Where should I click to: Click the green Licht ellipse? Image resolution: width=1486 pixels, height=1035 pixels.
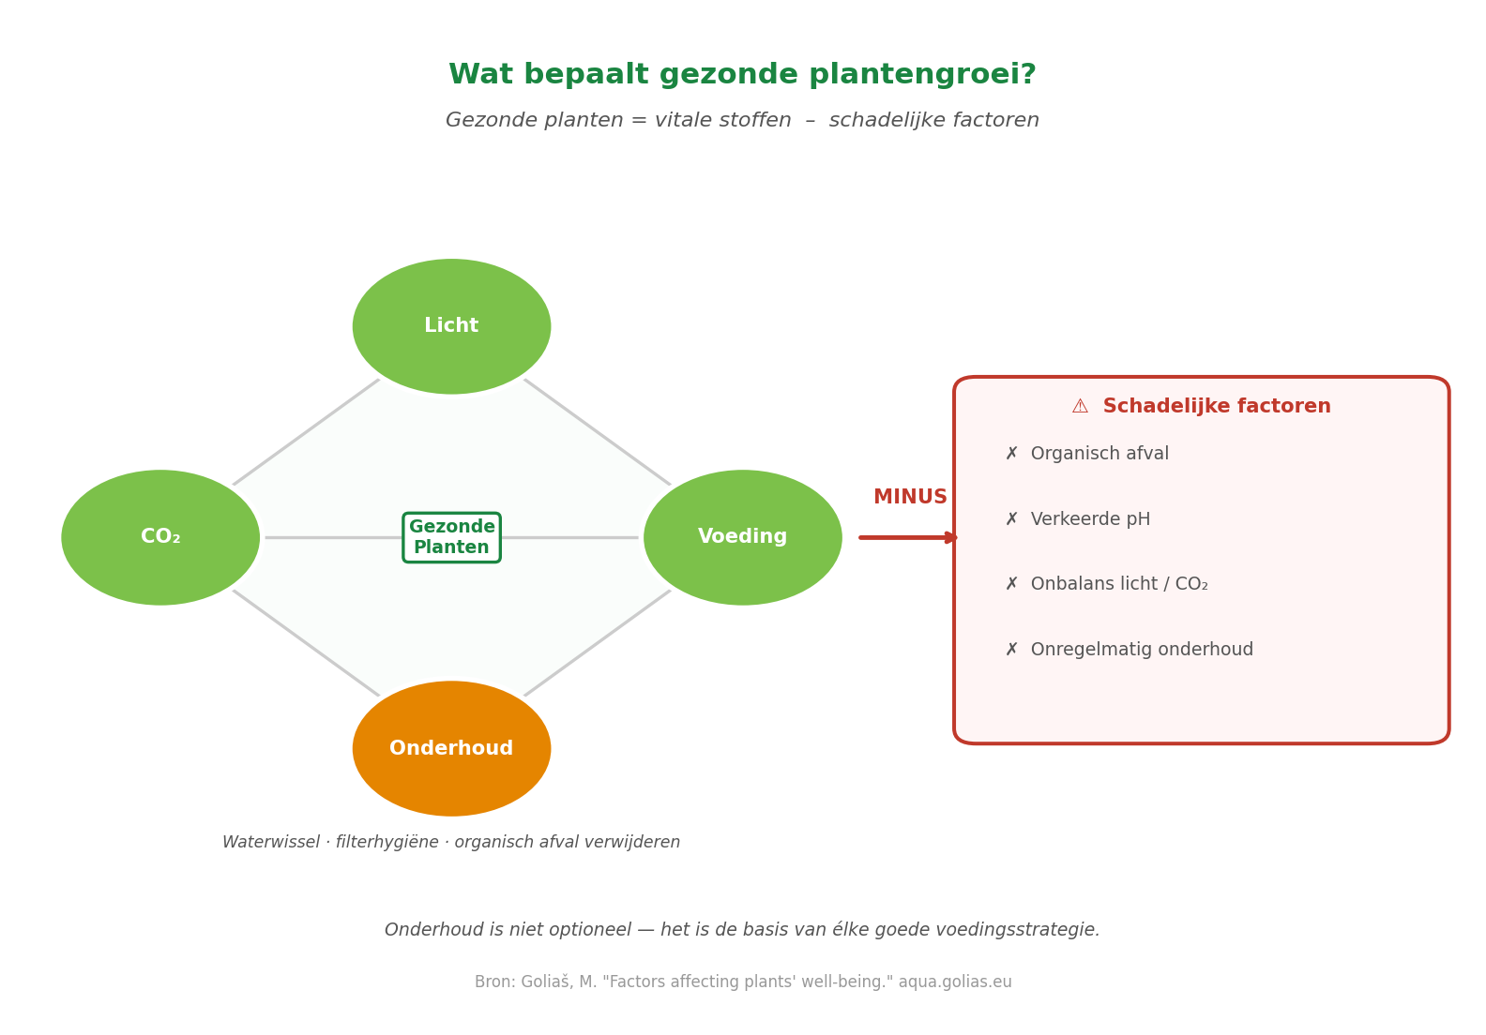(451, 326)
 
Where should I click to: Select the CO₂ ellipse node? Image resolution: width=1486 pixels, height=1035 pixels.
(160, 537)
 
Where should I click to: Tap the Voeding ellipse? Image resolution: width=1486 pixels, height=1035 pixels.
(742, 537)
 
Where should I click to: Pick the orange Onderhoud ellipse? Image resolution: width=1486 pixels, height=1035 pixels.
(451, 748)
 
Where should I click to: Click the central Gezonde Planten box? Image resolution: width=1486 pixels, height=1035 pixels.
(451, 537)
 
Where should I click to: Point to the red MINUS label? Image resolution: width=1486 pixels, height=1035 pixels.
(910, 498)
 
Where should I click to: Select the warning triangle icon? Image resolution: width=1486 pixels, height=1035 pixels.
(1080, 407)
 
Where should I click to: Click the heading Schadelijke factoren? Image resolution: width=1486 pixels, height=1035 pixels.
(1216, 407)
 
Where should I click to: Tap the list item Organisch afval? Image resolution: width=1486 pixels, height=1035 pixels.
(1099, 454)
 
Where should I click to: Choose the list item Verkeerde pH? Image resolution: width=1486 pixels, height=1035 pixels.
(1090, 519)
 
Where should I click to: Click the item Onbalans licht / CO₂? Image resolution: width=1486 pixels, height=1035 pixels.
(1119, 584)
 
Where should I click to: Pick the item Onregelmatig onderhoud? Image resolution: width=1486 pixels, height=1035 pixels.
(1142, 650)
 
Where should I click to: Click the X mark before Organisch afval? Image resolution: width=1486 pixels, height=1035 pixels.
(1011, 454)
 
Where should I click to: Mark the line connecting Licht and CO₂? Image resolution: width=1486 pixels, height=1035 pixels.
(306, 432)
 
